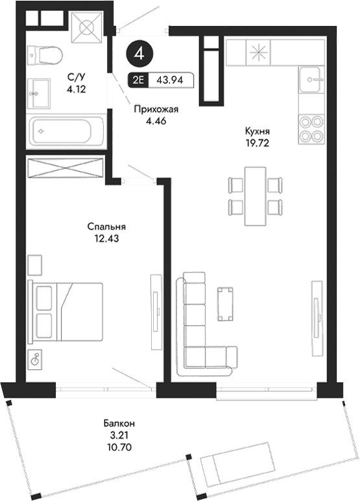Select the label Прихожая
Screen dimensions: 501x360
pyautogui.click(x=155, y=110)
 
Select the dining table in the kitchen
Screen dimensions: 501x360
pyautogui.click(x=255, y=195)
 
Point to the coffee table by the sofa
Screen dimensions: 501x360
pyautogui.click(x=225, y=303)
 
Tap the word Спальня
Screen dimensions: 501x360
pyautogui.click(x=106, y=227)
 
